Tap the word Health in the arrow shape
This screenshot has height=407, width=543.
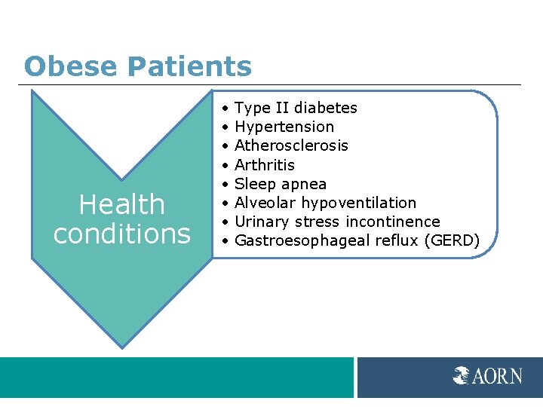pos(121,204)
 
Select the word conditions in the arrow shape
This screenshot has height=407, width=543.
pos(121,234)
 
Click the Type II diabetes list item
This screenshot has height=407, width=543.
pos(296,108)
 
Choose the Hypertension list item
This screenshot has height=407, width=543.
pos(284,127)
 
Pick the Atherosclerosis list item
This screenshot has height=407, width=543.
pos(291,145)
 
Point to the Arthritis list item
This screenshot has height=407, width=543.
pos(265,164)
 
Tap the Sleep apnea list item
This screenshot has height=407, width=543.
pos(281,184)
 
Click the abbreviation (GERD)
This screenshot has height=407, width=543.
pos(452,240)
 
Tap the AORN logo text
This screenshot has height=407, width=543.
pos(497,375)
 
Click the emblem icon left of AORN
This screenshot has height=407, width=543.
pos(462,375)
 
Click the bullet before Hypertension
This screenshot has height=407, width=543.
pos(226,127)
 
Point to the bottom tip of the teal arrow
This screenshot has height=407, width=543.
pos(121,347)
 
